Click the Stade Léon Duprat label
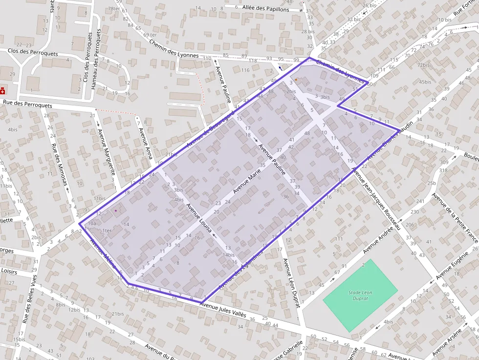click(x=360, y=295)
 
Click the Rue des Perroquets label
click(x=27, y=104)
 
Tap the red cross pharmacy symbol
click(x=3, y=91)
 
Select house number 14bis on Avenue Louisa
click(x=229, y=255)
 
